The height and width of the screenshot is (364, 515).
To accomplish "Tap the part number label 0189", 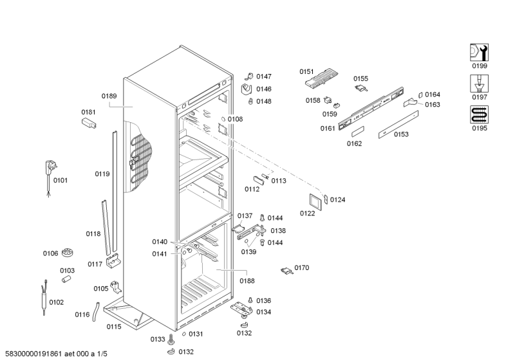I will pos(109,96).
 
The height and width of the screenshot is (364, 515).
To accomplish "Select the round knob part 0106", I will pos(70,254).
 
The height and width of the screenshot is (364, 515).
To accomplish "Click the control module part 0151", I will pos(320,80).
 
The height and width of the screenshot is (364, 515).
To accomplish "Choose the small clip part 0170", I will pos(287,271).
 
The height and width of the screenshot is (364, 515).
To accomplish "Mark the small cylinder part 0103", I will pos(66,279).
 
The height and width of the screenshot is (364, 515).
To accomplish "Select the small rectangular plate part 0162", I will pos(356,131).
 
